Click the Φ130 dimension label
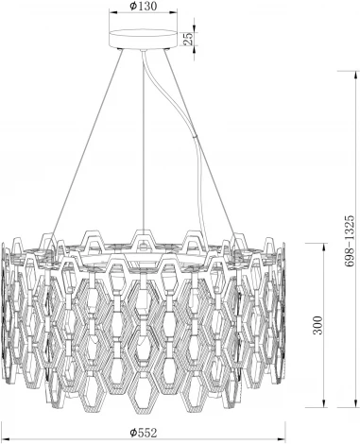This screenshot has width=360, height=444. (143, 6)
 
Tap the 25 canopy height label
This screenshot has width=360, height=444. (188, 39)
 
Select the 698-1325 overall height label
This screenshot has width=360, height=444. (350, 242)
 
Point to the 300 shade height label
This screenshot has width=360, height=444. (318, 326)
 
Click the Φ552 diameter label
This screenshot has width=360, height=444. (144, 433)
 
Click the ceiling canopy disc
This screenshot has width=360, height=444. (143, 39)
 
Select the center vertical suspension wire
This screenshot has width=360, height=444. (144, 141)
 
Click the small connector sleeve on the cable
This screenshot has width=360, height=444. (196, 137)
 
